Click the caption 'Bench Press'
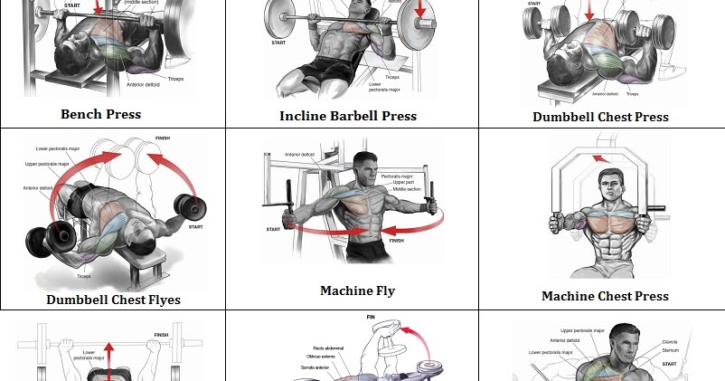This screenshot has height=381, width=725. tap(100, 114)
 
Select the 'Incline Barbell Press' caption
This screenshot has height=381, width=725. tap(348, 116)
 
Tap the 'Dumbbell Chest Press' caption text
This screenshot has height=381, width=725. tap(600, 117)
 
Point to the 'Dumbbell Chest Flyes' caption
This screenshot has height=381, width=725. tap(113, 300)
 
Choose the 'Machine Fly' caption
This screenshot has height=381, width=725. tap(357, 291)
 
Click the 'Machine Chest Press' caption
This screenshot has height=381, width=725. tap(605, 296)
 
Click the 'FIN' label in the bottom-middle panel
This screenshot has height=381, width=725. tap(370, 317)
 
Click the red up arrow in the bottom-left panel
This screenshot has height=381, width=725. tap(109, 358)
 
